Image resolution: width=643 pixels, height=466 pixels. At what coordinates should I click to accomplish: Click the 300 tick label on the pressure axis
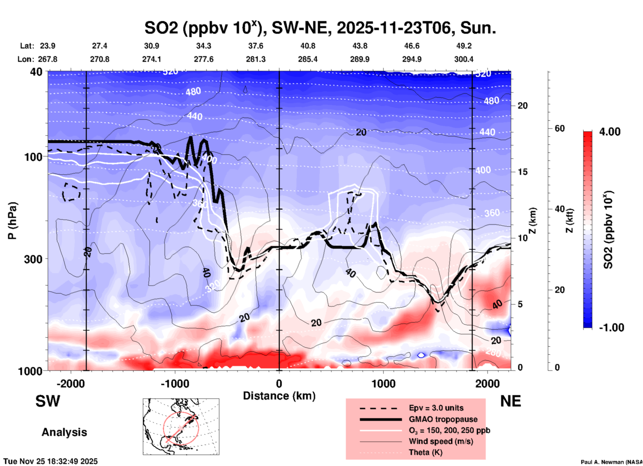(33, 259)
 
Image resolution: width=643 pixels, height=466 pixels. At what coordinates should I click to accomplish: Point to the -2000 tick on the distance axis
(70, 384)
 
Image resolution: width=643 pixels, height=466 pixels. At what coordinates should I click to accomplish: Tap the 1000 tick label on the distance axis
(383, 384)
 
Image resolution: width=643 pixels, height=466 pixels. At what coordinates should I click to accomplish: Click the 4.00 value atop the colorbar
(610, 132)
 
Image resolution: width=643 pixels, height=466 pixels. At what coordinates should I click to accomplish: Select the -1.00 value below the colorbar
(611, 328)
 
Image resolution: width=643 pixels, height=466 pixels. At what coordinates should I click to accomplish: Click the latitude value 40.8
(308, 46)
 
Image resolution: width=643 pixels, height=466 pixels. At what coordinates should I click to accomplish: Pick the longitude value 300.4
(464, 59)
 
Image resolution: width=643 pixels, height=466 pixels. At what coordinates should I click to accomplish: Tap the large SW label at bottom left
(48, 401)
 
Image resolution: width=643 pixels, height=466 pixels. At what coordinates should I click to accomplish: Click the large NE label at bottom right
(510, 401)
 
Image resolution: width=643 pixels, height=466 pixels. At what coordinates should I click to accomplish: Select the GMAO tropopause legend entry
(443, 419)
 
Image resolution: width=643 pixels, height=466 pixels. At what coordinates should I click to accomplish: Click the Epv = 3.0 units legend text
(436, 408)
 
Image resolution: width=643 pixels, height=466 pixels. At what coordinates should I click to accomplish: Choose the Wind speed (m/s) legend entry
(441, 441)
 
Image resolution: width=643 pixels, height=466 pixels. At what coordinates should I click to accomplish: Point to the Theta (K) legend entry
(425, 452)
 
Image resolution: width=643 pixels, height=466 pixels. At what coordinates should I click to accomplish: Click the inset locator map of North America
(181, 427)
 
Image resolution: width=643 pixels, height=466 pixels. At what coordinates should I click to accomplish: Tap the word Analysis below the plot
(64, 432)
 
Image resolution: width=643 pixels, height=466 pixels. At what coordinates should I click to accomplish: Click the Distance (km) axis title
(279, 396)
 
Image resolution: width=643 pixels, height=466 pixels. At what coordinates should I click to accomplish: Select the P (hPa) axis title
(12, 221)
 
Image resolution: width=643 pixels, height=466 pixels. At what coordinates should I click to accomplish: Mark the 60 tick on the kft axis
(560, 128)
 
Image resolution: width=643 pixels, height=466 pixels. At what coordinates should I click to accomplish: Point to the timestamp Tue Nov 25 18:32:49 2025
(51, 461)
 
